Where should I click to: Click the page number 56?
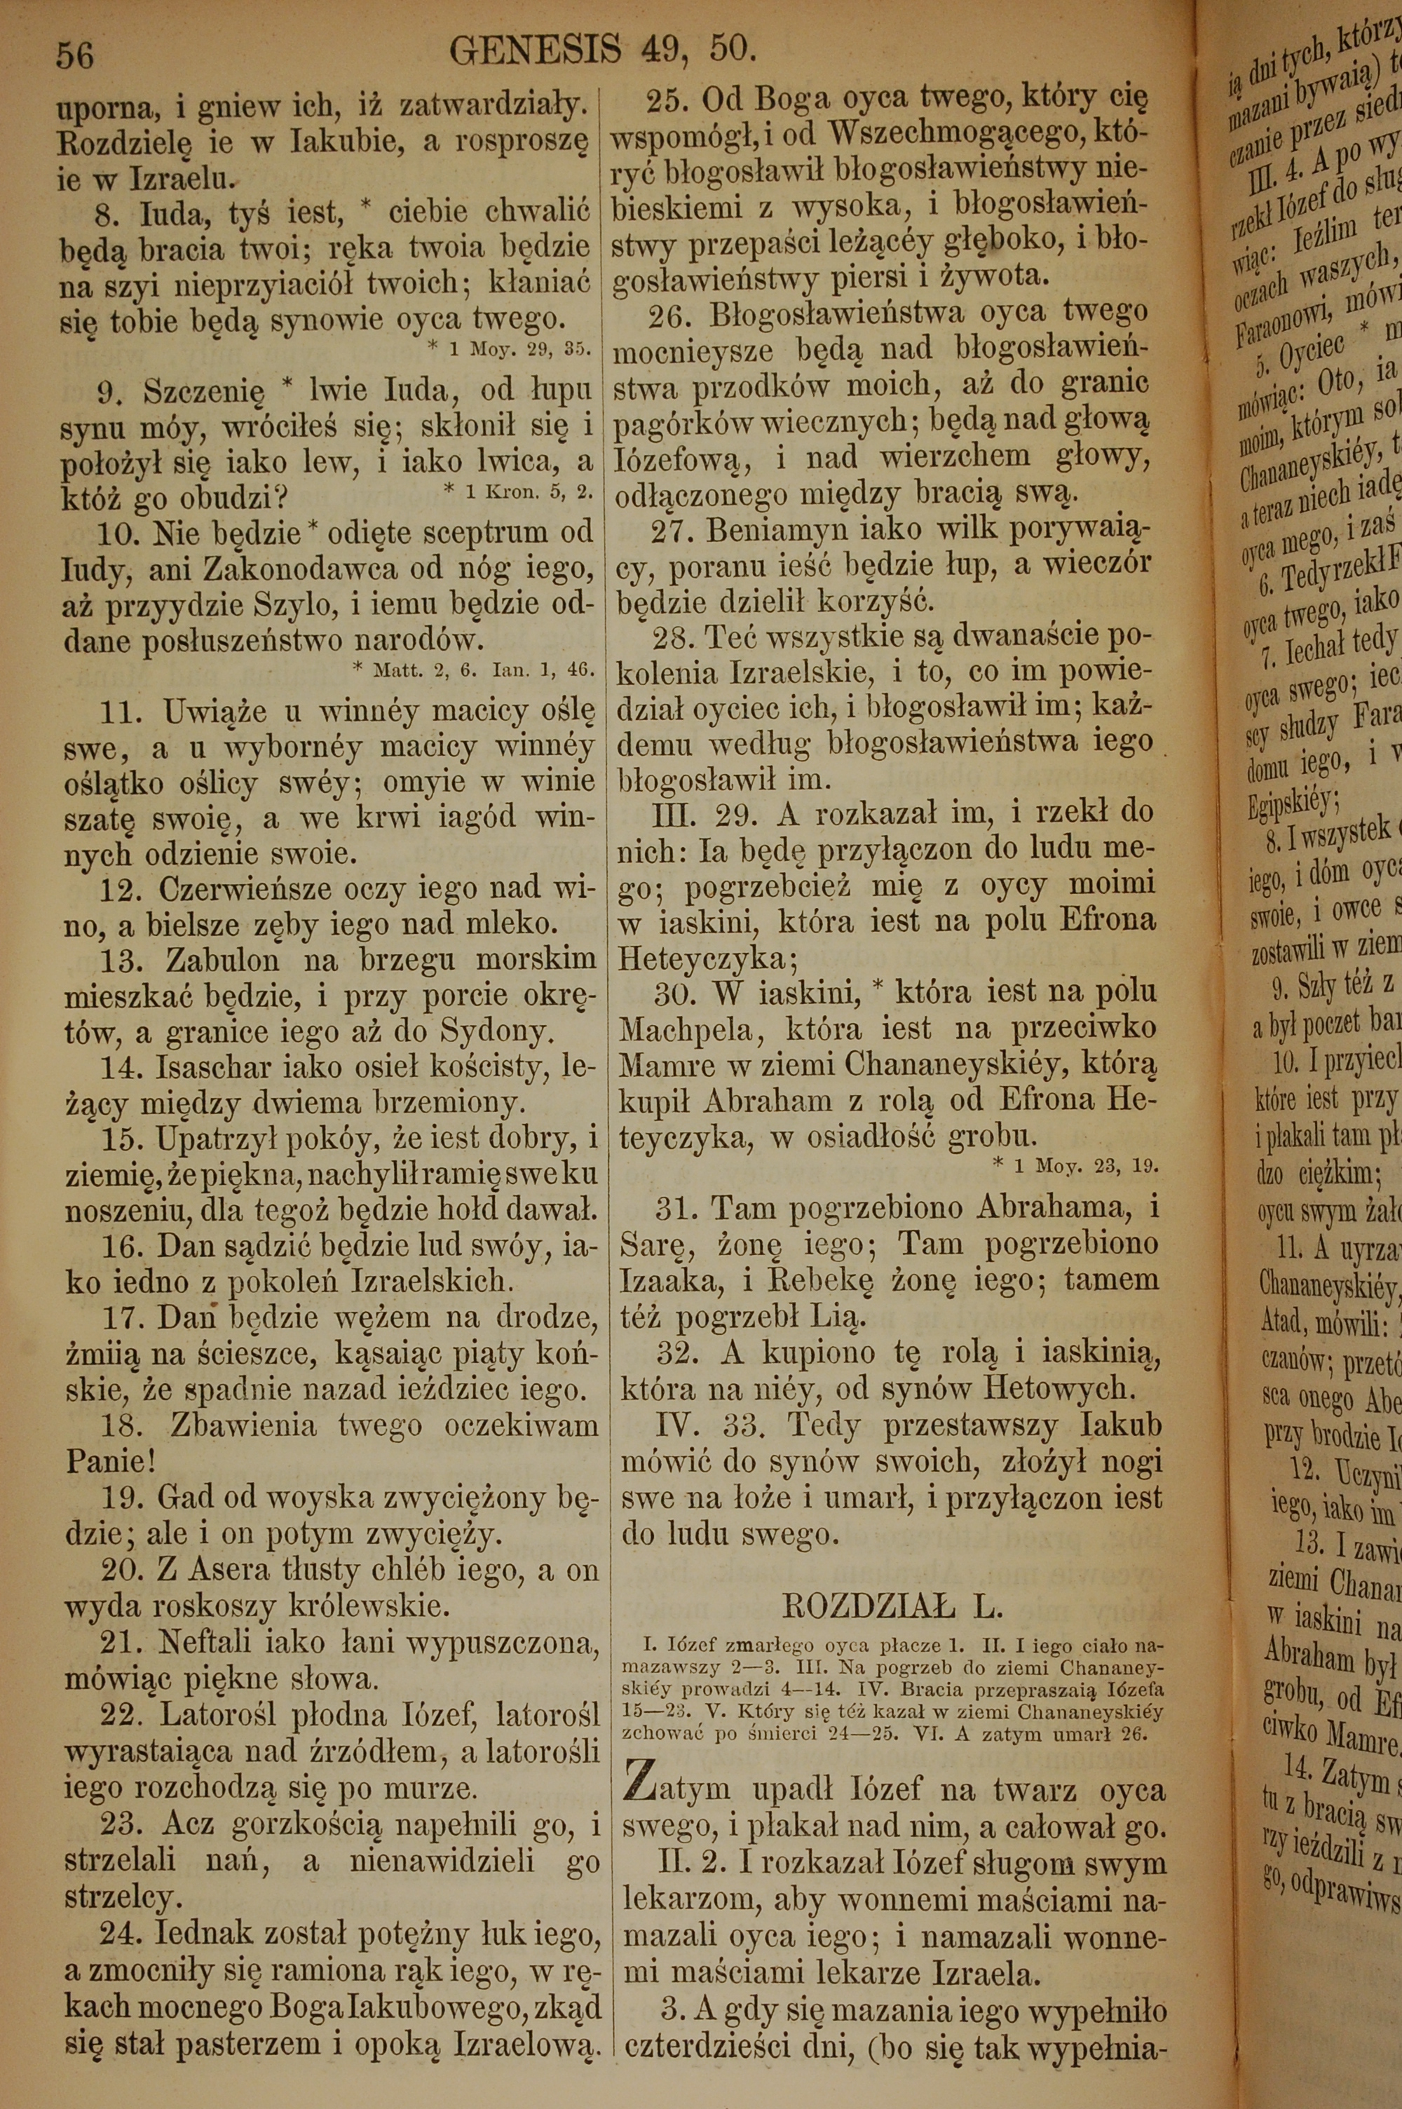(x=74, y=55)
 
